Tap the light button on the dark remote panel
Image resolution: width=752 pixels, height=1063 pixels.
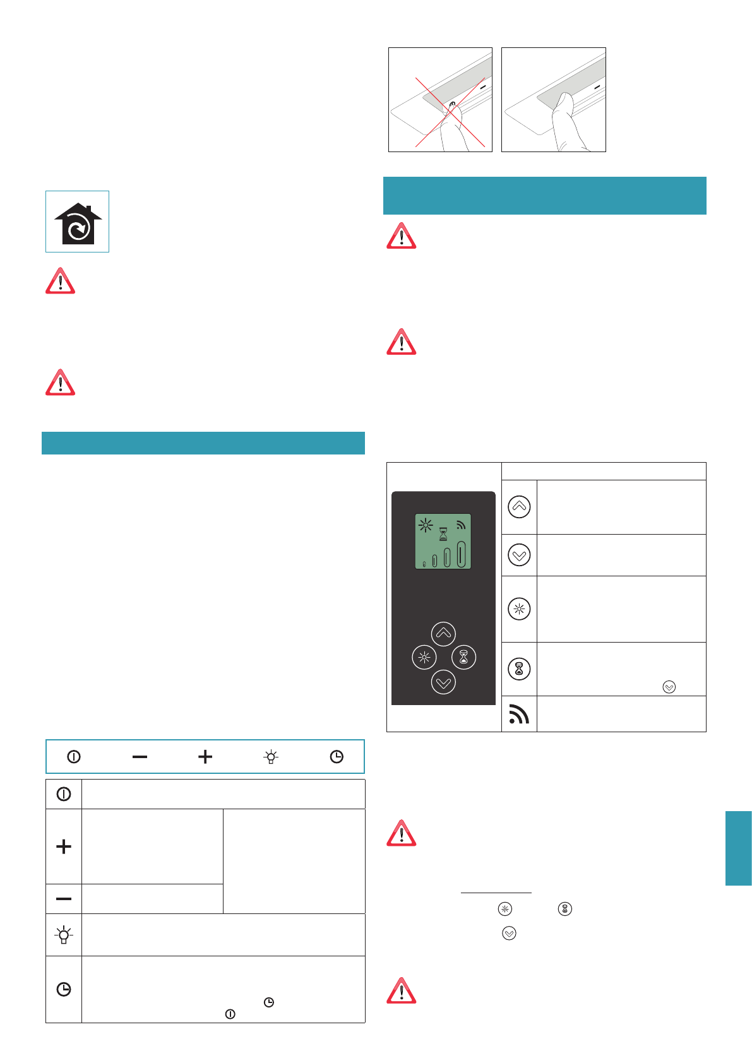point(424,657)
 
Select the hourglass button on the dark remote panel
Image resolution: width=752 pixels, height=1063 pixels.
point(464,657)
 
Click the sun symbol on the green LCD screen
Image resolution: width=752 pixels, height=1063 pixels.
point(426,525)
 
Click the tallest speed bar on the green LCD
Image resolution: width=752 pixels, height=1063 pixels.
point(461,554)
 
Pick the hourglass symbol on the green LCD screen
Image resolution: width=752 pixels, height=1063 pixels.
point(443,534)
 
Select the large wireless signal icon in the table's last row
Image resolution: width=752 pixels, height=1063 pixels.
point(519,714)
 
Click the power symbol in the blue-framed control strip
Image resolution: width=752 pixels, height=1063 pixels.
point(74,756)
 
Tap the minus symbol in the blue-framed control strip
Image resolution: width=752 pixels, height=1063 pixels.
point(140,756)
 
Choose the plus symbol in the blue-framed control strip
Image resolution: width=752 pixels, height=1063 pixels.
point(205,756)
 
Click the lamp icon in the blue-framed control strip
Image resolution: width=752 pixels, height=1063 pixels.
point(271,756)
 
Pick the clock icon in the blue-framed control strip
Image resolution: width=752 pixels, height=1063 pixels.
point(337,756)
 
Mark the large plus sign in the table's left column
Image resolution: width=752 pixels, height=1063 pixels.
point(64,846)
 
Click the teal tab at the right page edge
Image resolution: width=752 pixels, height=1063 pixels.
point(738,848)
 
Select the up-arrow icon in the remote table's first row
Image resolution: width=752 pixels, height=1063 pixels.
point(519,507)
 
